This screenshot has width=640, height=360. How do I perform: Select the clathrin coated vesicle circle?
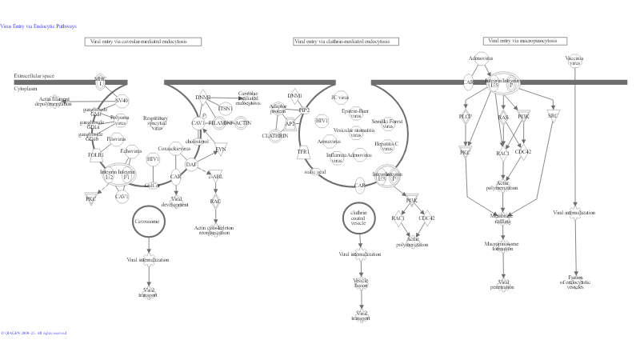(x=358, y=218)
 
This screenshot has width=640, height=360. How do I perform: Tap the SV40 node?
(x=122, y=101)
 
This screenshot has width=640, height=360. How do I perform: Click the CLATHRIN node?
(x=274, y=136)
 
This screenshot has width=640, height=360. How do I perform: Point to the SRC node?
(x=553, y=116)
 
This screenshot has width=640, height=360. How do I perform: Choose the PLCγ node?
(x=466, y=117)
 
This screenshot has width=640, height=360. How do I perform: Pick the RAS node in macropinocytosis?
(x=503, y=118)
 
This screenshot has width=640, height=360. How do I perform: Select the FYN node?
(x=221, y=149)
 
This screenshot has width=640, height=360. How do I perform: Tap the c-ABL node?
(x=215, y=178)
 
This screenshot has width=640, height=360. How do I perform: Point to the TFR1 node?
(x=302, y=151)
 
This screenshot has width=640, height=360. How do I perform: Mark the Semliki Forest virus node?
(x=387, y=122)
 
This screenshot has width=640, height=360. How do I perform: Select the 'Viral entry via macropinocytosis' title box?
(x=525, y=41)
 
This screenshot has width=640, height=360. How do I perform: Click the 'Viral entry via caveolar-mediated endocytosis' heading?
(x=142, y=42)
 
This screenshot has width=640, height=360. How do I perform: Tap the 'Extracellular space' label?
(x=34, y=76)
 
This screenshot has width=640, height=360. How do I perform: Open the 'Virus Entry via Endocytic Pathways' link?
(x=38, y=26)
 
